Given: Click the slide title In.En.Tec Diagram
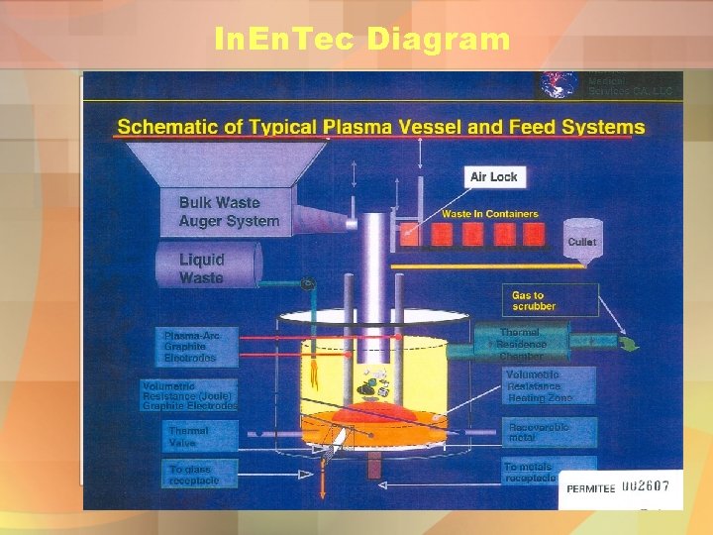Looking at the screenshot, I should pyautogui.click(x=361, y=40).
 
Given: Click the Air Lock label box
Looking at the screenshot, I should pyautogui.click(x=493, y=176).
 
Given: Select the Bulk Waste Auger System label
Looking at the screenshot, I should pyautogui.click(x=229, y=212).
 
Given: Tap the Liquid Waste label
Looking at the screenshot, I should pyautogui.click(x=202, y=268).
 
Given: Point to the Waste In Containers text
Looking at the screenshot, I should pyautogui.click(x=490, y=214).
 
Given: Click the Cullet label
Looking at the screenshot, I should pyautogui.click(x=582, y=242).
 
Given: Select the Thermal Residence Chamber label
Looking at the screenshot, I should pyautogui.click(x=523, y=344).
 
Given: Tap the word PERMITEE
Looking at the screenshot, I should pyautogui.click(x=591, y=488).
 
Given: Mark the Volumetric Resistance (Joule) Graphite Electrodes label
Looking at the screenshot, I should pyautogui.click(x=189, y=395).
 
